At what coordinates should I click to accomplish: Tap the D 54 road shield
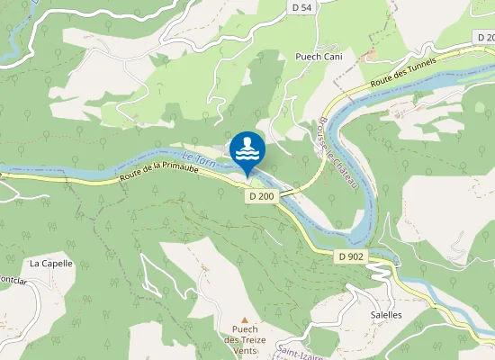[x=303, y=7]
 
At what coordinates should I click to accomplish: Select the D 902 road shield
[x=351, y=256]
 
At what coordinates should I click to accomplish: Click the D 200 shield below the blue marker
[x=261, y=195]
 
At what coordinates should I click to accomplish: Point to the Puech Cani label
[x=319, y=56]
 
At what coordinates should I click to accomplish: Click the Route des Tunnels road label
[x=402, y=74]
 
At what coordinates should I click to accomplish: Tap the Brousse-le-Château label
[x=339, y=154]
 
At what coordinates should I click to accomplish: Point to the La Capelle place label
[x=50, y=264]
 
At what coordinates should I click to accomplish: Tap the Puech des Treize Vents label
[x=245, y=339]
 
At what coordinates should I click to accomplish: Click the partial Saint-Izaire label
[x=301, y=350]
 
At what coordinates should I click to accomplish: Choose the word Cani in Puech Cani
[x=333, y=56]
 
